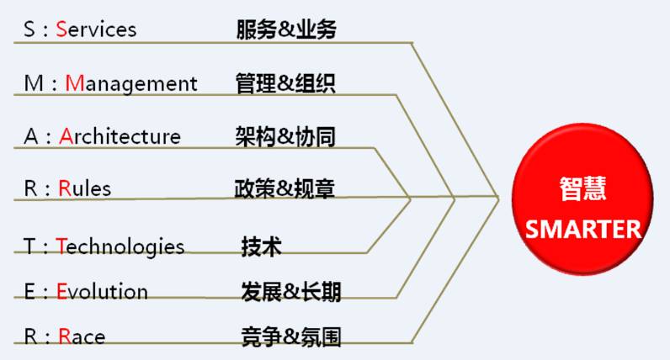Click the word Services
click(96, 29)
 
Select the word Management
click(131, 83)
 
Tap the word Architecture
click(120, 136)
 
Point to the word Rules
click(85, 188)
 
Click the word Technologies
click(120, 246)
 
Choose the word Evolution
click(102, 292)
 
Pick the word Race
click(82, 337)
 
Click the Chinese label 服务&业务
click(286, 29)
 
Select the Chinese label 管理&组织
click(286, 83)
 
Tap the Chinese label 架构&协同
click(286, 136)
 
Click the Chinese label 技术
click(262, 246)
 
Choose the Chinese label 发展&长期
click(290, 292)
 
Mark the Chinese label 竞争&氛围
click(290, 337)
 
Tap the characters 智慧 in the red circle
click(582, 189)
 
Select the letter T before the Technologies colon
click(29, 246)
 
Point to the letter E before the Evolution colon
click(29, 292)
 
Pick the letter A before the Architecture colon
click(30, 136)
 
